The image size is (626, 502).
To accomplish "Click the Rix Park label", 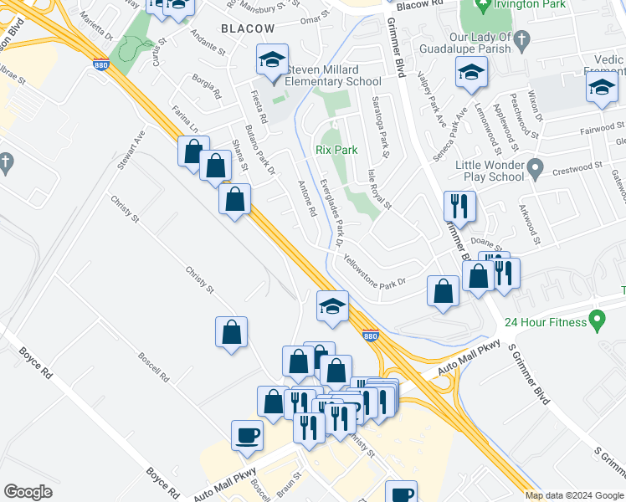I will (x=336, y=150).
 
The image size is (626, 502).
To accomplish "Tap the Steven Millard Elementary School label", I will (x=332, y=74).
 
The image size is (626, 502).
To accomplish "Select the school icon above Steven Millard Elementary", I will (x=272, y=61).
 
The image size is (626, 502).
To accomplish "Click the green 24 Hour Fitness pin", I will (x=597, y=320).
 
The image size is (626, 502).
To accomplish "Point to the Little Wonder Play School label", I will (x=490, y=171).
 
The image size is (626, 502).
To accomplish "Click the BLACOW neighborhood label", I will (x=247, y=28).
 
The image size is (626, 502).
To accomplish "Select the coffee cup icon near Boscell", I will (x=247, y=436).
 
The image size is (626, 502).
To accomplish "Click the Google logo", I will (x=28, y=492).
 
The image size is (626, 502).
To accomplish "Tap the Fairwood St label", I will (x=601, y=128).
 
